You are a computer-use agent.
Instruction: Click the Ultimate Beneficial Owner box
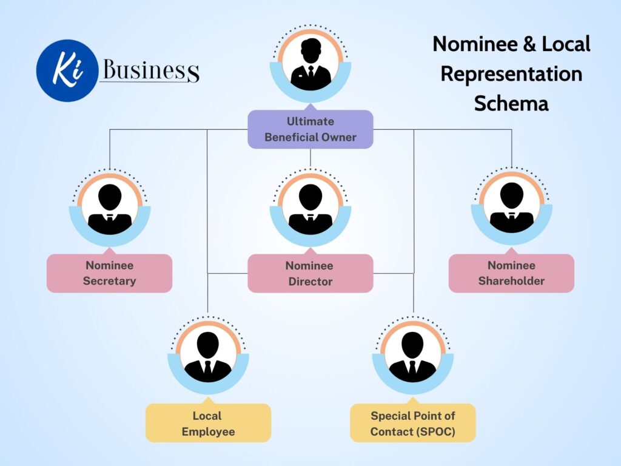tap(310, 129)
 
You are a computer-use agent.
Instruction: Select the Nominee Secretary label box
tap(109, 273)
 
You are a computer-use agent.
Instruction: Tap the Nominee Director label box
tap(310, 273)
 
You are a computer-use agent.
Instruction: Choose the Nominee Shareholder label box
tap(511, 273)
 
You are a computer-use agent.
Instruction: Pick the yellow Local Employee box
tap(207, 423)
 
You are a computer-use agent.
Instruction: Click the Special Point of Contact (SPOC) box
tap(412, 423)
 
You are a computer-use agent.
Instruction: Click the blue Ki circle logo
tap(67, 70)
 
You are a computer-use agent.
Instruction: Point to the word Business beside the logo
tap(150, 70)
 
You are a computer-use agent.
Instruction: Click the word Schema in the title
tap(511, 103)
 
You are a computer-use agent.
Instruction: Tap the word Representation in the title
tap(511, 74)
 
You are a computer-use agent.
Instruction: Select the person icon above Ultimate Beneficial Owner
tap(310, 64)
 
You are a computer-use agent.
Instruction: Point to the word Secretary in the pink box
tap(109, 281)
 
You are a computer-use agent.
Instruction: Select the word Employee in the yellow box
tap(207, 431)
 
